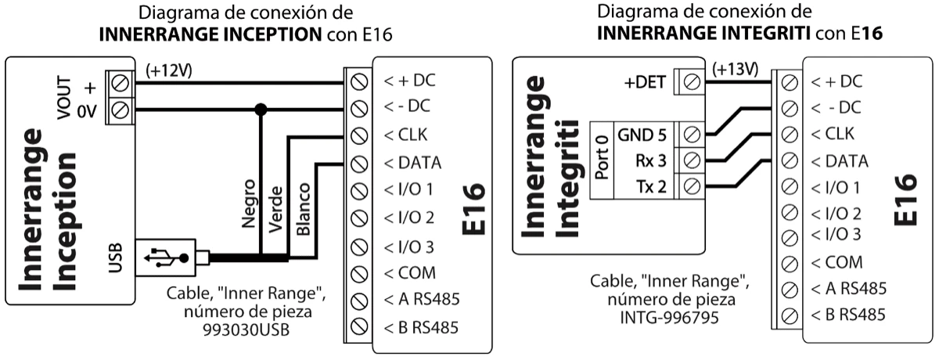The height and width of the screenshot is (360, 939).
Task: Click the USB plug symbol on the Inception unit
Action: point(167,256)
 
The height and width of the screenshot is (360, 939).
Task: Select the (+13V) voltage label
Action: point(735,68)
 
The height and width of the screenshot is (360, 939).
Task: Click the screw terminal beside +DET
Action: point(691,80)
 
